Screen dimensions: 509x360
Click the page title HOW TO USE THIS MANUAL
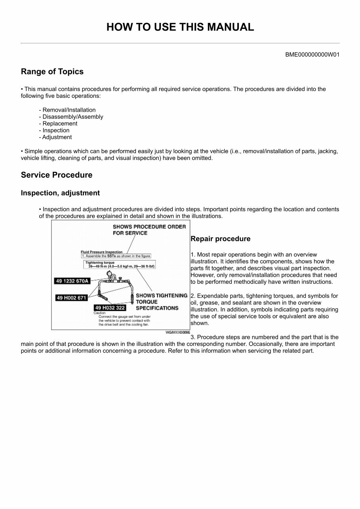click(180, 27)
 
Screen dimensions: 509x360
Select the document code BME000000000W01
click(312, 55)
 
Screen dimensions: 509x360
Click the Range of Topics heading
click(52, 72)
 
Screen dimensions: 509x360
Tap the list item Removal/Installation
click(69, 110)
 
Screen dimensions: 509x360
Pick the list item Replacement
click(60, 123)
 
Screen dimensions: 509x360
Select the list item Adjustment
click(57, 137)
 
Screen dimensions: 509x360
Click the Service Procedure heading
click(57, 175)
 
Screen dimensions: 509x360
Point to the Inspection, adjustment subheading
click(60, 193)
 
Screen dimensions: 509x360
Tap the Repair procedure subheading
click(220, 239)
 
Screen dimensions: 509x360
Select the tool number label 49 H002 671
click(71, 298)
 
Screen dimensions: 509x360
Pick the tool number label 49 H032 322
click(110, 308)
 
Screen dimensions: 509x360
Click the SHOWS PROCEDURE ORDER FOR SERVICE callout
click(149, 230)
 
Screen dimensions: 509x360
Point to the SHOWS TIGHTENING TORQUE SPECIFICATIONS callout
click(161, 302)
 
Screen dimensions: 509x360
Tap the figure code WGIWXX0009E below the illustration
click(177, 332)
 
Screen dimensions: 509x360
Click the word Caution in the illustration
click(99, 313)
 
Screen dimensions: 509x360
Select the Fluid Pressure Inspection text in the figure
click(101, 252)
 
